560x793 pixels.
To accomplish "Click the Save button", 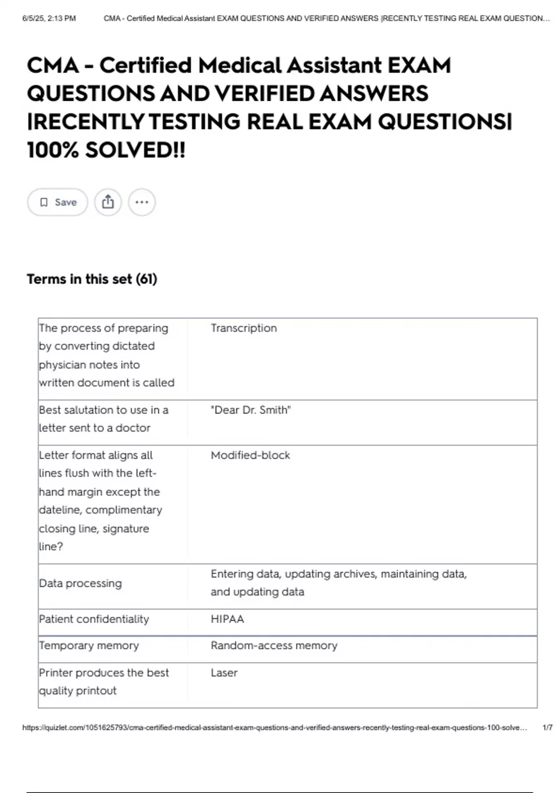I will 57,202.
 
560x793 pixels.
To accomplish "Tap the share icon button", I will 108,202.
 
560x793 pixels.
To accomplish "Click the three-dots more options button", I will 142,202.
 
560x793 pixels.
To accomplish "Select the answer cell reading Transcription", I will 244,328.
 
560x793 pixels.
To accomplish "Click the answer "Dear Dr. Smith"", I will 251,410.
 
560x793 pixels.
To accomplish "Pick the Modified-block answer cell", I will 250,455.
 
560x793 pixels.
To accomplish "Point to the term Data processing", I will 80,583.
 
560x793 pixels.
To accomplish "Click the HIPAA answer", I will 227,619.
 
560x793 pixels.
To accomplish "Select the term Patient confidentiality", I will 94,619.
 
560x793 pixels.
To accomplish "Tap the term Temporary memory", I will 89,646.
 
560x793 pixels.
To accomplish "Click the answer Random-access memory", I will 274,646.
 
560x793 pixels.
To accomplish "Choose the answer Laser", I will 224,673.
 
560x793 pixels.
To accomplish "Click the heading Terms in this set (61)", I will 92,279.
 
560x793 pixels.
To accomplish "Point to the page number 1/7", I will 547,727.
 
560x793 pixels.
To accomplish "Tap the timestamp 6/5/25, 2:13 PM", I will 49,18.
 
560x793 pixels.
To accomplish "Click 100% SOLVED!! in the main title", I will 106,150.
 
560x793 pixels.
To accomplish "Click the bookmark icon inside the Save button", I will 44,202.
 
